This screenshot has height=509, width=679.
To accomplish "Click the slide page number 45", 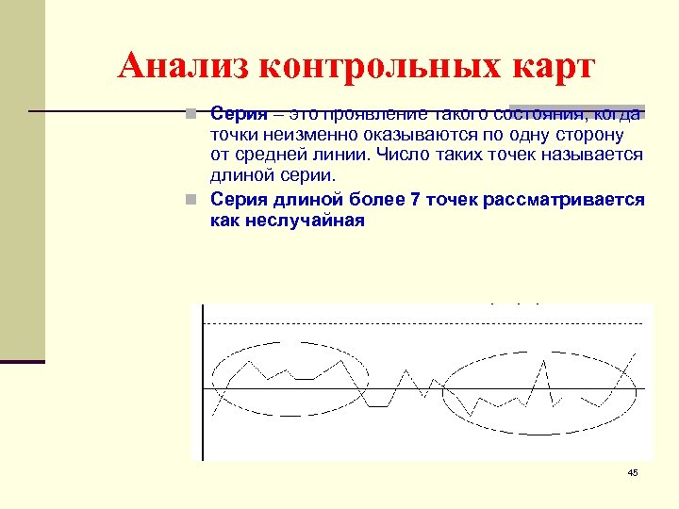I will (632, 472).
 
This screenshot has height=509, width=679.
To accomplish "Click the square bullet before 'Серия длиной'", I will (191, 200).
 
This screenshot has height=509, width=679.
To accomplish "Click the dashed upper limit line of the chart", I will (424, 323).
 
